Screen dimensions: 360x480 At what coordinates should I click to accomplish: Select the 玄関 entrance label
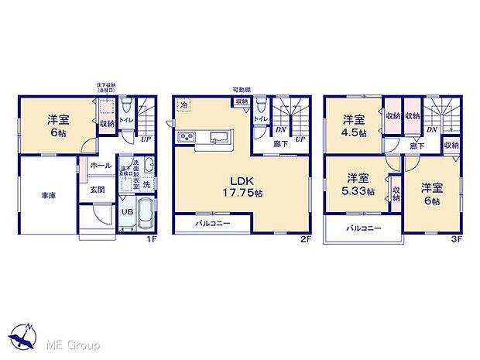click(x=99, y=188)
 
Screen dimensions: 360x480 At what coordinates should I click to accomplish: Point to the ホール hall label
click(x=100, y=165)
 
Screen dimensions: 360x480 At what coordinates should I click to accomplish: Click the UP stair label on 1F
click(x=146, y=139)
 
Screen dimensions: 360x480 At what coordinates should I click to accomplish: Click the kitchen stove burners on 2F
click(x=189, y=138)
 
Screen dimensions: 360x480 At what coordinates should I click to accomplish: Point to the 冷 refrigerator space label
click(x=184, y=105)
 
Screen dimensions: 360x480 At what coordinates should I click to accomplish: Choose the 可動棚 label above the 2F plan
click(x=240, y=91)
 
